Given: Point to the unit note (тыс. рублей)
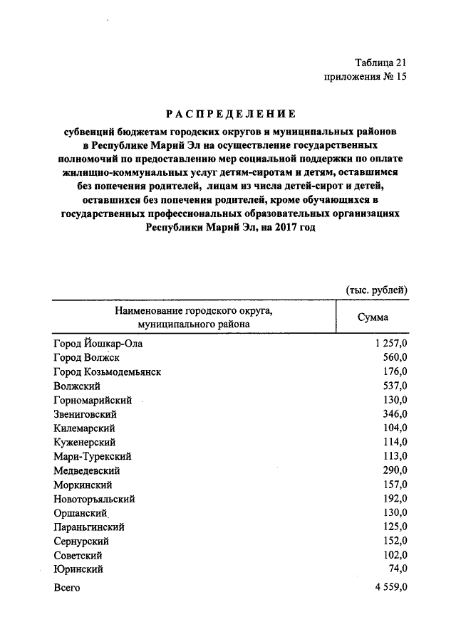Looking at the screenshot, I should pyautogui.click(x=376, y=289).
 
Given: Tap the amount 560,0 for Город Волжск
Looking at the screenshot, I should pyautogui.click(x=394, y=358).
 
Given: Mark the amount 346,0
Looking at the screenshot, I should pyautogui.click(x=394, y=414).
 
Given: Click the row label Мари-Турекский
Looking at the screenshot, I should pyautogui.click(x=92, y=456).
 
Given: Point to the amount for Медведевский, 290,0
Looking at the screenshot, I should pyautogui.click(x=394, y=470).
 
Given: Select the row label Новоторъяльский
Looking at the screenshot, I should pyautogui.click(x=94, y=499).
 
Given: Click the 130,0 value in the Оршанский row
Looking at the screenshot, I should pyautogui.click(x=394, y=513).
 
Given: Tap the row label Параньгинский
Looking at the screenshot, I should pyautogui.click(x=89, y=527).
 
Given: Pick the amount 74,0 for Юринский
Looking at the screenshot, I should pyautogui.click(x=397, y=569).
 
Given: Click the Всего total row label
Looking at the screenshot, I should pyautogui.click(x=67, y=588).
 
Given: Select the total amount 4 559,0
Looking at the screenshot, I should pyautogui.click(x=389, y=588).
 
